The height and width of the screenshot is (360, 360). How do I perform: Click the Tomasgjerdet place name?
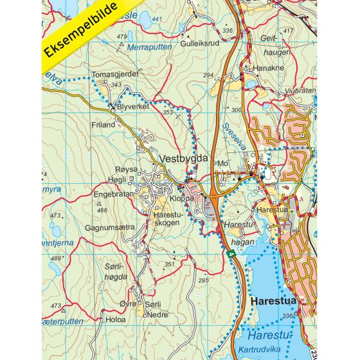[116, 73]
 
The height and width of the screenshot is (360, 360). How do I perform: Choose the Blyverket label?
[133, 106]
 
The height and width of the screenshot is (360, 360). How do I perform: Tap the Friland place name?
[103, 124]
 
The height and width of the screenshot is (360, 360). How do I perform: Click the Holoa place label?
[116, 318]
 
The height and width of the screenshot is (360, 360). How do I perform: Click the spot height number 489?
[56, 258]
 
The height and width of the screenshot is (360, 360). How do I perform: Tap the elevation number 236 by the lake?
[287, 315]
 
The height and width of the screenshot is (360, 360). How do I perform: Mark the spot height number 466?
[102, 210]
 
